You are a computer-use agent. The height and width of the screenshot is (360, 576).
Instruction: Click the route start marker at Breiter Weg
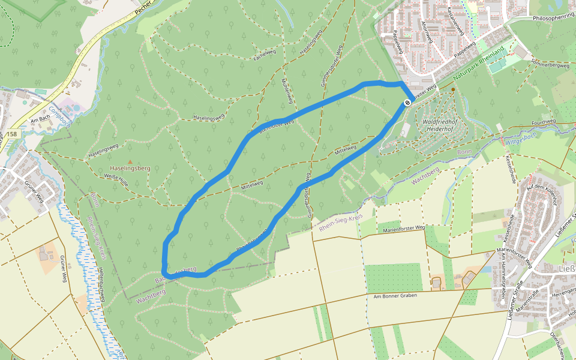coord(407,103)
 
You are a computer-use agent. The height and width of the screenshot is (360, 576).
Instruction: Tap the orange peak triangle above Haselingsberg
coord(130,161)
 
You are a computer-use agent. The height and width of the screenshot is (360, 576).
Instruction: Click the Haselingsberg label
coord(130,169)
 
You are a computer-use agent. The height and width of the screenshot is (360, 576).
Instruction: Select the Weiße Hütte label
coord(116,178)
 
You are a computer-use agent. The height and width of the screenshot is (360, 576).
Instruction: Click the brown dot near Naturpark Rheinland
coord(452,89)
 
